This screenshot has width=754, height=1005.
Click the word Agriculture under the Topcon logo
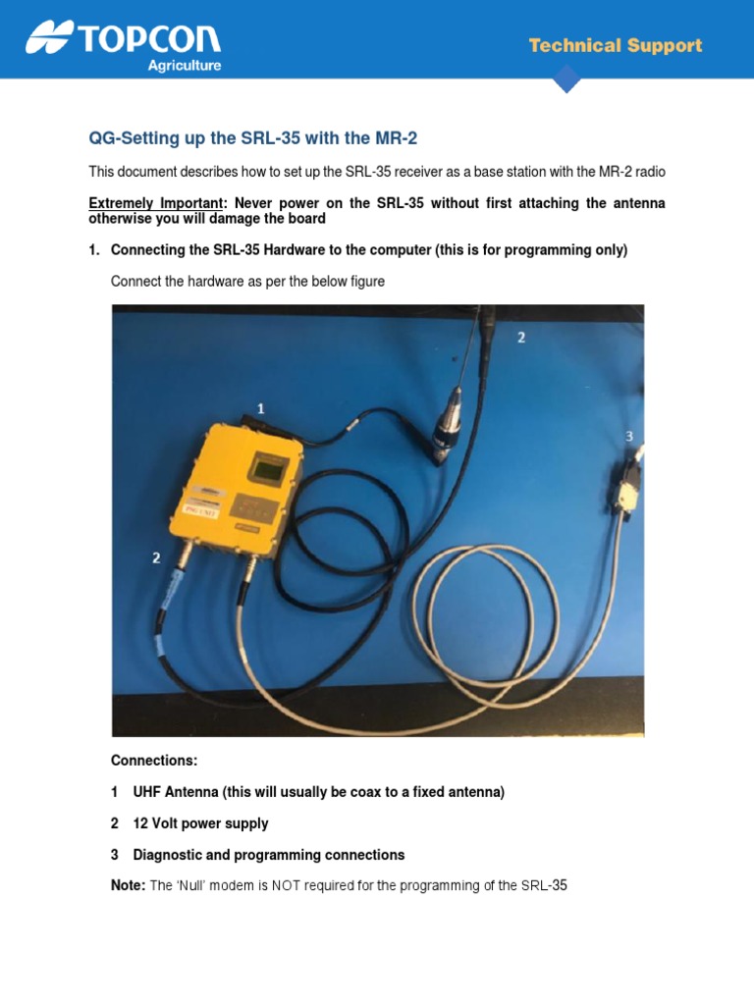coord(184,66)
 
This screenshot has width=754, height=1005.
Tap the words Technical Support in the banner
coord(616,45)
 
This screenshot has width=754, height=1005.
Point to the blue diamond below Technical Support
coord(567,79)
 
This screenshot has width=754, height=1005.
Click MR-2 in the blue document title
coord(383,138)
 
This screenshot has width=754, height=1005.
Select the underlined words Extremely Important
coord(155,203)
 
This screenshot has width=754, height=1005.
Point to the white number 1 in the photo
coord(260,407)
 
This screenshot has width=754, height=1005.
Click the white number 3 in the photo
coord(629,436)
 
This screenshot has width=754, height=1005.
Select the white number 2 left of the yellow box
coord(156,558)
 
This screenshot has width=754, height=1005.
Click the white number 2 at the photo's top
coord(521,337)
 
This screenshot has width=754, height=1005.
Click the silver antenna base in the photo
coord(451,412)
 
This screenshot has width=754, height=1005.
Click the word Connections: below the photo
coord(154,761)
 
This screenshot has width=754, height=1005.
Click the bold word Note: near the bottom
coord(128,886)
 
